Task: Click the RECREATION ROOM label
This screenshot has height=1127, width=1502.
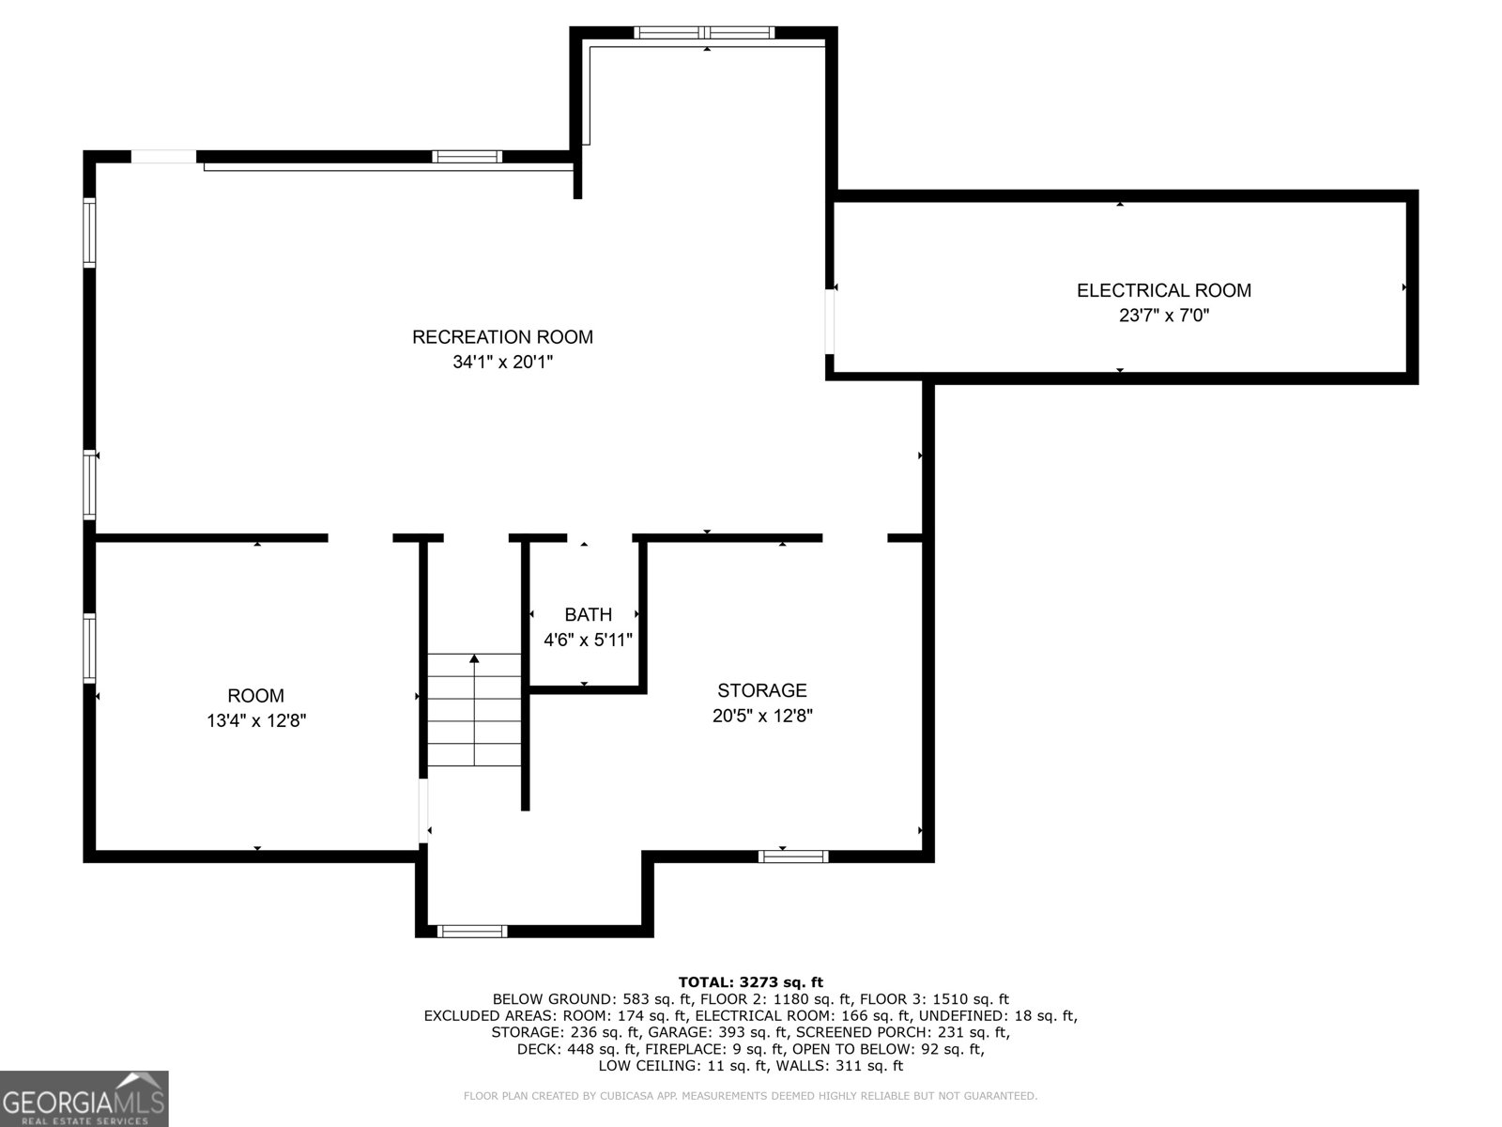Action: [502, 336]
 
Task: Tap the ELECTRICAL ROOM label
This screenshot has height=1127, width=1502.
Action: [1164, 290]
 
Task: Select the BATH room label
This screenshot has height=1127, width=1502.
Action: [588, 614]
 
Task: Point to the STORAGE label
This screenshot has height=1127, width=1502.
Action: [762, 689]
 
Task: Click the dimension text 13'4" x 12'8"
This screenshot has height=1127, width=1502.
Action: [256, 720]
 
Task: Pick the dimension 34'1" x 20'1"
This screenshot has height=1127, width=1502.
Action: [502, 362]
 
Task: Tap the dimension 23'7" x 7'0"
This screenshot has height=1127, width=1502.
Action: [1164, 316]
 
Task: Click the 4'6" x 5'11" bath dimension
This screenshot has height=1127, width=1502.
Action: [588, 640]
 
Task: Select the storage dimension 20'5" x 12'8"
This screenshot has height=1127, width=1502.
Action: [762, 716]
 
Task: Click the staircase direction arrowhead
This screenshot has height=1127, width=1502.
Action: [474, 658]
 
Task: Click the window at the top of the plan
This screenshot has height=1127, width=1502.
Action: [704, 32]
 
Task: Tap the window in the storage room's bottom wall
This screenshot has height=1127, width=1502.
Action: [793, 856]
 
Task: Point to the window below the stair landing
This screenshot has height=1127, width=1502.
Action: [472, 931]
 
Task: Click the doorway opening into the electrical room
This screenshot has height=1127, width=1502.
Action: [830, 321]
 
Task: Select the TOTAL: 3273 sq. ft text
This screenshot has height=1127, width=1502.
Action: [751, 982]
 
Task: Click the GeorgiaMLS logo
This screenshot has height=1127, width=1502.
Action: [84, 1098]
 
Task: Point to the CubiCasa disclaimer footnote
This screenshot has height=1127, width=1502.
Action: [751, 1095]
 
